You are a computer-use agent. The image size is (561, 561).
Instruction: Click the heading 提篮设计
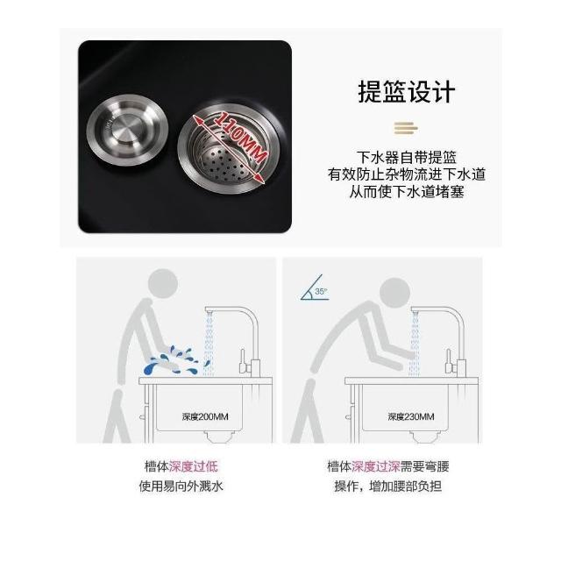407,92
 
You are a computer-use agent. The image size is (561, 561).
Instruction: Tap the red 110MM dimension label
240,138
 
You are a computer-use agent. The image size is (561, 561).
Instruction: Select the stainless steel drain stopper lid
127,131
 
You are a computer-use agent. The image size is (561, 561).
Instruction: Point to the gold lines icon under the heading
406,128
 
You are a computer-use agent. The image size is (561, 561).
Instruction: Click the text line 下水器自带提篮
407,158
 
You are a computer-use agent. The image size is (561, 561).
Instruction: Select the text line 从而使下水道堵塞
407,192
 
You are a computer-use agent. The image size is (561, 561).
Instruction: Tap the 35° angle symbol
315,288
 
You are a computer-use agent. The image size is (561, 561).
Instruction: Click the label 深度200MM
205,416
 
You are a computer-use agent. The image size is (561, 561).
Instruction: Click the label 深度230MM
411,416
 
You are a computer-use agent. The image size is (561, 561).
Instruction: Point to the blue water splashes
172,360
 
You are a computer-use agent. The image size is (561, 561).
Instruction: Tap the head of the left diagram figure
163,283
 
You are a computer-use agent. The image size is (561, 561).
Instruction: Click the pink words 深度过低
193,466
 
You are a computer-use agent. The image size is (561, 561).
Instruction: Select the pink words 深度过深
376,466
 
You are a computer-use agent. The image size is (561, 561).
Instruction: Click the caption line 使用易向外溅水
181,486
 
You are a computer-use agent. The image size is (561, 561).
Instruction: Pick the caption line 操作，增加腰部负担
388,486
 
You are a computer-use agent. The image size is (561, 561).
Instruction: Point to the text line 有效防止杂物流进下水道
407,174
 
